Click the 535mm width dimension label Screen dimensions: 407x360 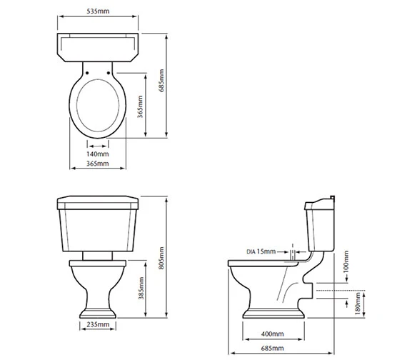point(98,11)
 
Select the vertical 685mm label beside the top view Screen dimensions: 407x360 point(161,81)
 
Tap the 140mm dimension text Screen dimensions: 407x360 point(98,154)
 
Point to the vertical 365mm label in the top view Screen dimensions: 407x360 point(140,106)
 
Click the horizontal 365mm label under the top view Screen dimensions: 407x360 point(98,164)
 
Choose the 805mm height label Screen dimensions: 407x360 point(161,258)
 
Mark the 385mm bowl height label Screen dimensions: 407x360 point(141,288)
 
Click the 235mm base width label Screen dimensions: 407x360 point(98,324)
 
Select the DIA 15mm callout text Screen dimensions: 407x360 point(261,251)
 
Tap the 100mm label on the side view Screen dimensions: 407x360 point(346,262)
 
